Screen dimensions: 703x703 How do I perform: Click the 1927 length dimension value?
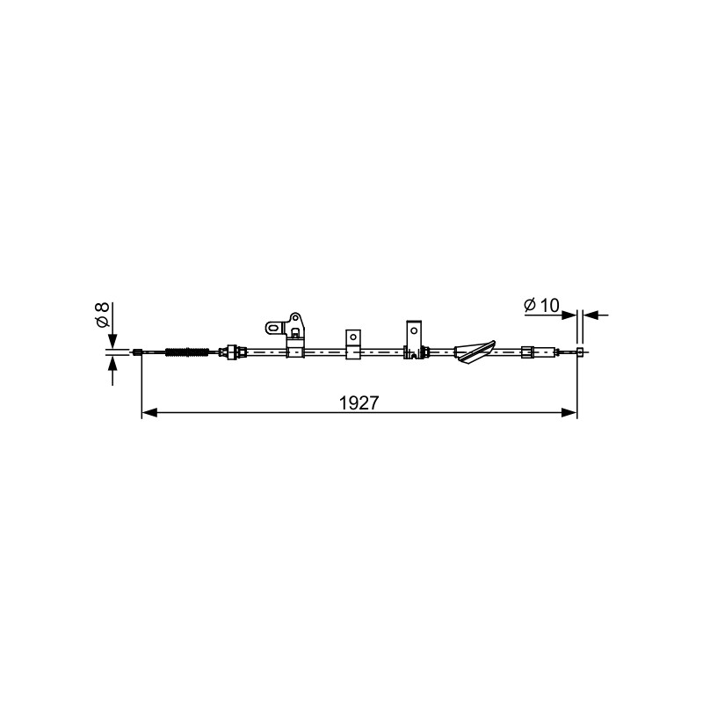click(359, 403)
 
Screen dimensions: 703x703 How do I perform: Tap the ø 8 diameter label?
click(102, 315)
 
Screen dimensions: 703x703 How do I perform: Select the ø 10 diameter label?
click(541, 305)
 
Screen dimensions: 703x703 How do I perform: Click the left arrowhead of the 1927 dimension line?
click(149, 412)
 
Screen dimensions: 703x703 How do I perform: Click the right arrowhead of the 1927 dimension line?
click(569, 412)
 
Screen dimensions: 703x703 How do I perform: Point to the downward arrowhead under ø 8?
click(112, 340)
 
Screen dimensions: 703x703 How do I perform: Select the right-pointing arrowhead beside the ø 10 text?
click(569, 315)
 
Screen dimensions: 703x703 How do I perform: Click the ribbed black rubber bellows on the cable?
click(187, 352)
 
